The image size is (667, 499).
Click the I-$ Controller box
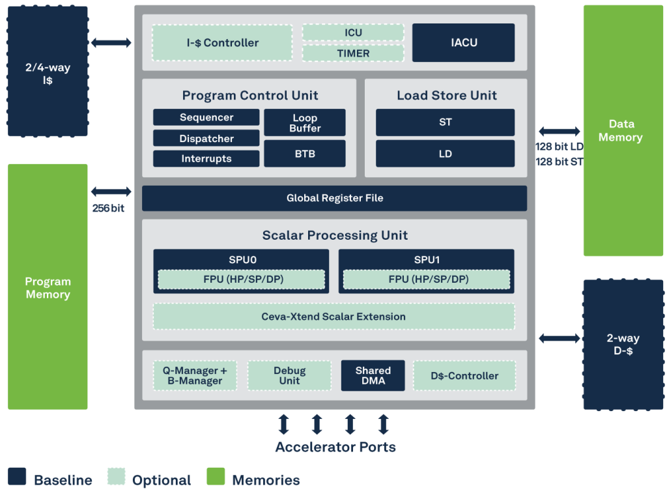(x=222, y=43)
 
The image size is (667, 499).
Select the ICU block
(x=353, y=33)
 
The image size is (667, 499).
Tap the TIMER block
(x=353, y=53)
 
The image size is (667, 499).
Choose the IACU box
(x=463, y=43)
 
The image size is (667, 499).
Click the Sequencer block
(x=206, y=117)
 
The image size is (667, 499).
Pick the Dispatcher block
(x=206, y=138)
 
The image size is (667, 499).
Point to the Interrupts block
(x=206, y=158)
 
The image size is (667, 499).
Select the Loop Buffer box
(x=304, y=122)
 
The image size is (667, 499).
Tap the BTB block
(x=304, y=154)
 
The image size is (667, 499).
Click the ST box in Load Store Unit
(x=445, y=122)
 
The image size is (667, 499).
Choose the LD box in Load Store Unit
(x=445, y=154)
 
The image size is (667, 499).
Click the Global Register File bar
(x=334, y=198)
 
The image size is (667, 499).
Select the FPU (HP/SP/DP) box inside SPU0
(x=241, y=279)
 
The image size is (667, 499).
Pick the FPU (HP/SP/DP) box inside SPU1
(x=427, y=279)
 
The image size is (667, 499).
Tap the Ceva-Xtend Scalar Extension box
(x=333, y=317)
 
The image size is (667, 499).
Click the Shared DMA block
(x=373, y=376)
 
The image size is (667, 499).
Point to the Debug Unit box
(x=289, y=376)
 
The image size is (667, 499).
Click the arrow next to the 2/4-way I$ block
(x=111, y=43)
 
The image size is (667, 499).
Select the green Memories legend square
(x=216, y=477)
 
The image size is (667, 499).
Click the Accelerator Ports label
(x=335, y=448)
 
